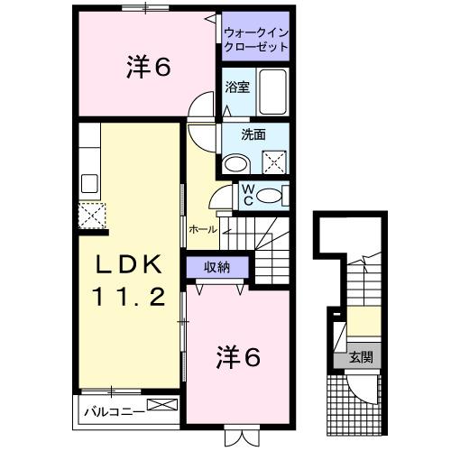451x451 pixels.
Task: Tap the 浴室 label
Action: click(237, 89)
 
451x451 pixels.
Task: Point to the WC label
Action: click(247, 195)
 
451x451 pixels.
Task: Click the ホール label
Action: click(203, 229)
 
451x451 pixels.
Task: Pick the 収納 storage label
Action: click(217, 266)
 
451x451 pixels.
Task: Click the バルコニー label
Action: click(109, 410)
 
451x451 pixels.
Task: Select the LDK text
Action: click(131, 265)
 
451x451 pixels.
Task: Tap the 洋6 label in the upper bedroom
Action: click(149, 69)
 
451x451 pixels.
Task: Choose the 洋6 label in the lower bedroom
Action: click(238, 356)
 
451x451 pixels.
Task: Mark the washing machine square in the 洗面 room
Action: click(274, 162)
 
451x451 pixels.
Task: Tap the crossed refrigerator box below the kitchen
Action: click(91, 216)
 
